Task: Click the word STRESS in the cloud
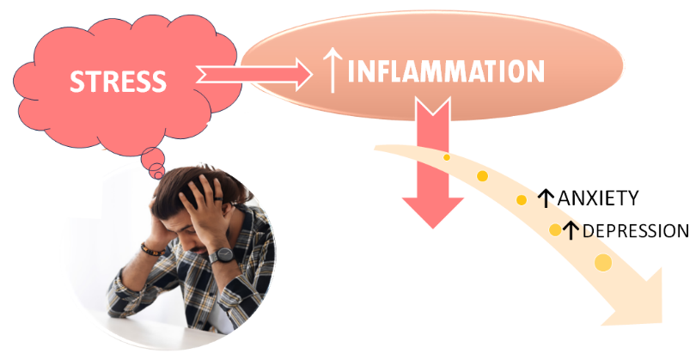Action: click(x=118, y=81)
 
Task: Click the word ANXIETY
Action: click(x=598, y=199)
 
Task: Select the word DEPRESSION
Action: click(x=635, y=231)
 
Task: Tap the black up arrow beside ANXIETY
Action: click(x=545, y=199)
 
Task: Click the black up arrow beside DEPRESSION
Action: click(x=571, y=231)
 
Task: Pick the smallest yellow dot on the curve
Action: click(x=447, y=157)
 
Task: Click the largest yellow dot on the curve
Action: click(x=603, y=263)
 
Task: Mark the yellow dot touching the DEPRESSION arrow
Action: click(x=556, y=230)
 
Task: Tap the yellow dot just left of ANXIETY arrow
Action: click(x=522, y=200)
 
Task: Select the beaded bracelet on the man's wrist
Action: click(x=154, y=249)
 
